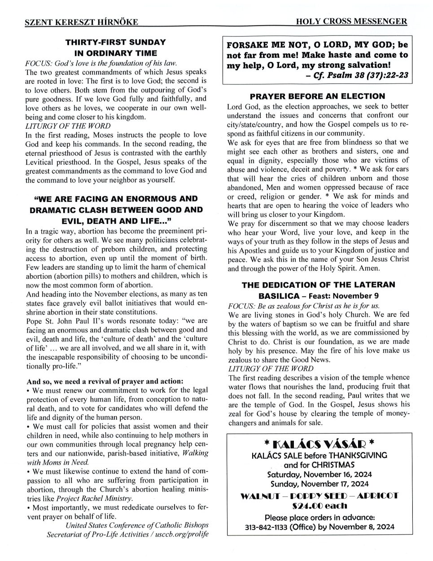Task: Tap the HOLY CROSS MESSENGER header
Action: pos(352,22)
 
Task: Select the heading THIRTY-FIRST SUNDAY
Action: pos(115,43)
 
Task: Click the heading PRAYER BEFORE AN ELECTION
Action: pos(317,96)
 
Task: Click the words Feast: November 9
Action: pos(344,296)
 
